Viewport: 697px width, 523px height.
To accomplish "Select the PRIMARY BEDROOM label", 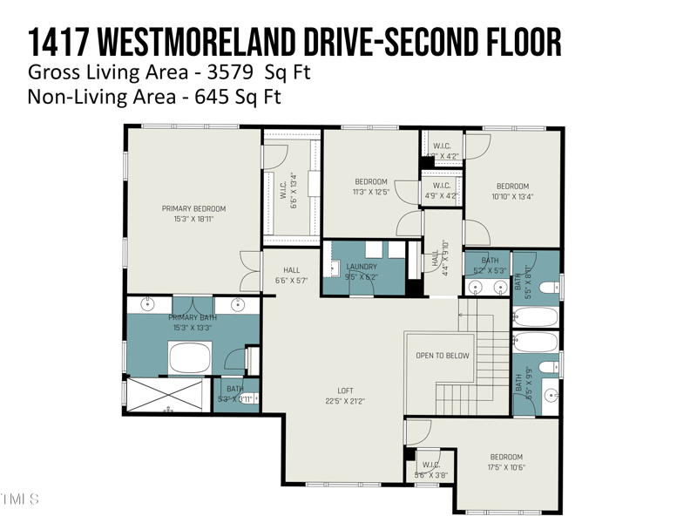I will pos(193,208).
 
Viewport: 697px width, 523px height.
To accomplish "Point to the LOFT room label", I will pos(346,391).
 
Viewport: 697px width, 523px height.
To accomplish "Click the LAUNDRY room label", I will pos(361,267).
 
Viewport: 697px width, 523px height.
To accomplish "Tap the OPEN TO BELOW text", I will pos(443,356).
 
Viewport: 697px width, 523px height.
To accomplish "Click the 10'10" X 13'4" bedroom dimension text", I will pos(512,196).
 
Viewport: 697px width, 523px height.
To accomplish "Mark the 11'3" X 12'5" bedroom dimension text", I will pos(370,192).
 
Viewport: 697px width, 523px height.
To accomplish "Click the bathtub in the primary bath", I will pos(190,357).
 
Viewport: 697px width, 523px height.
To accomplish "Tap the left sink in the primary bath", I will pos(148,304).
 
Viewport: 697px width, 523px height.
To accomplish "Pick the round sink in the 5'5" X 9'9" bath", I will pos(552,395).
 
